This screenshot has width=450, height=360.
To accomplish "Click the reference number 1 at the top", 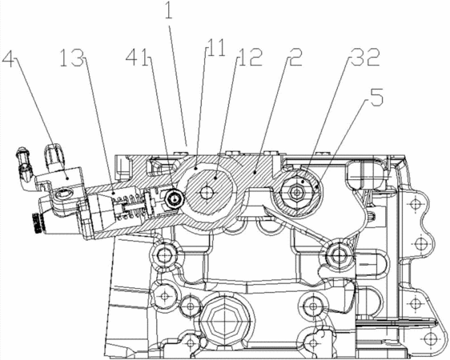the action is point(168,10).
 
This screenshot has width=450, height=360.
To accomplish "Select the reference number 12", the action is point(249,57).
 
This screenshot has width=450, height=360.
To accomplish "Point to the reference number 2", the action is point(294,57).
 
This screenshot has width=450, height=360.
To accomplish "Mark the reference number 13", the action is point(73,58).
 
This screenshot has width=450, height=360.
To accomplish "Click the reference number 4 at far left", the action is point(10,58).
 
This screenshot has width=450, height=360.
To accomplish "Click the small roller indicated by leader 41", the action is point(174,198).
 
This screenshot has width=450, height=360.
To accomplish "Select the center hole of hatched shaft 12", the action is point(206,193).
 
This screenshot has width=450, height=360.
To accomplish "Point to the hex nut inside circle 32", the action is point(295,192).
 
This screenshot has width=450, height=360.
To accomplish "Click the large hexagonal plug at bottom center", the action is point(223,318).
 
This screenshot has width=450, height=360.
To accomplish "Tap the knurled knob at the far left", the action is point(37,222).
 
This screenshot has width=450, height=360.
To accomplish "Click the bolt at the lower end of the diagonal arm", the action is point(339,254).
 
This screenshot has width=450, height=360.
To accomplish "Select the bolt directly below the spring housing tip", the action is point(164,254).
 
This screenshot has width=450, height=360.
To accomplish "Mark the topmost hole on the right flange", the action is point(413,204).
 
